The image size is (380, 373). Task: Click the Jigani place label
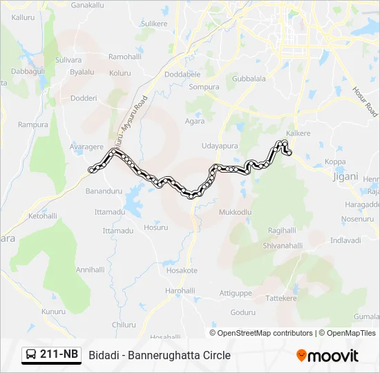point(345,176)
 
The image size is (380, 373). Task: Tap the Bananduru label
point(104,190)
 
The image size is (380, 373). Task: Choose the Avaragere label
point(86,146)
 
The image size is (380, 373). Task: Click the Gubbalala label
point(249,79)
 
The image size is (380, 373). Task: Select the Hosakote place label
point(182,271)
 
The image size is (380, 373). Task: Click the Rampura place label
point(33,125)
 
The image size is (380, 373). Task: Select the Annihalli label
point(90,269)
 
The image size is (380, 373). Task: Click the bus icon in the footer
point(31,355)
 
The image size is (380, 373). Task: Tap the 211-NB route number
point(59,354)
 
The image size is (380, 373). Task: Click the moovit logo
point(327,356)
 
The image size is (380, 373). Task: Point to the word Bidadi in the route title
point(104,355)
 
